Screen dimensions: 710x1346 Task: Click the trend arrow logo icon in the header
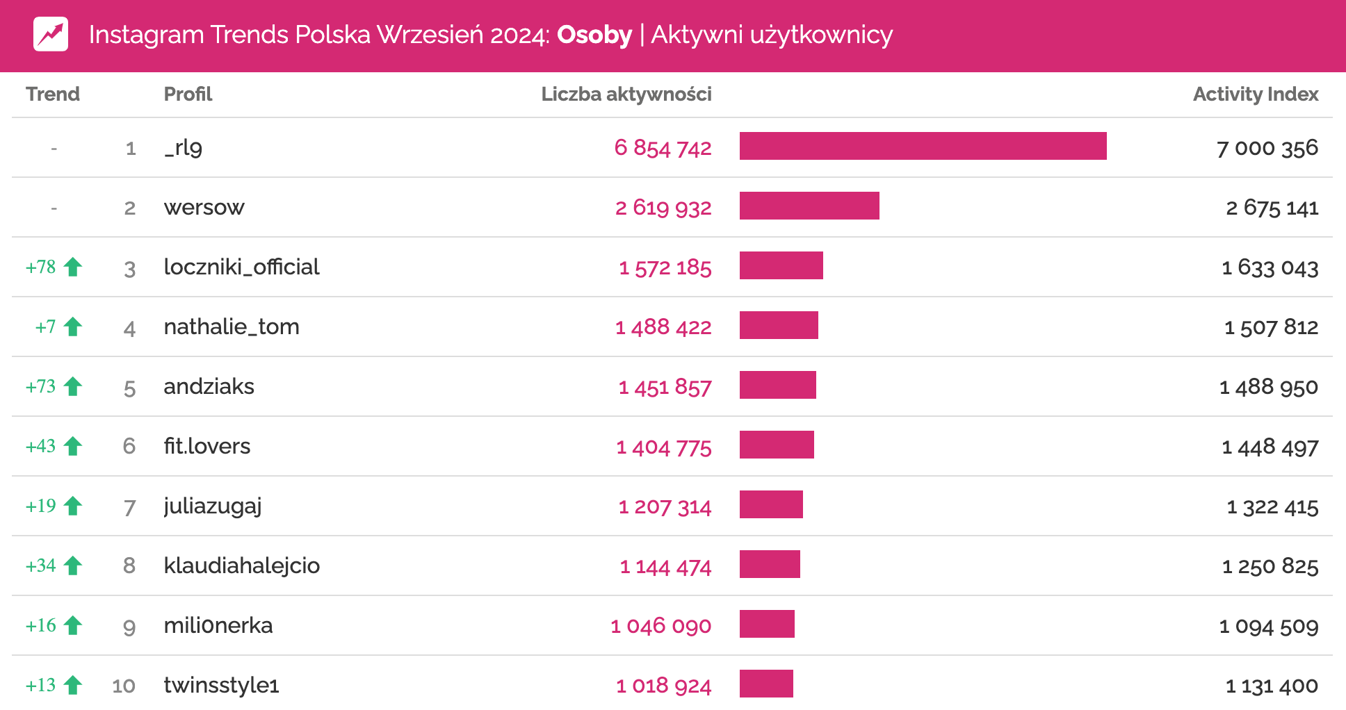click(51, 34)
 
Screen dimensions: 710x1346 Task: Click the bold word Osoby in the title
click(594, 35)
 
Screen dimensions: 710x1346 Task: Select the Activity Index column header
click(1256, 94)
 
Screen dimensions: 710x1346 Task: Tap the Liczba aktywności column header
click(626, 94)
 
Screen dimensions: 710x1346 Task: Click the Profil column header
click(188, 94)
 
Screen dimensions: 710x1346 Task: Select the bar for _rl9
click(923, 147)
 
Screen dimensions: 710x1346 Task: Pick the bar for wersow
click(809, 206)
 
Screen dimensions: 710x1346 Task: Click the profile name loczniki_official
click(241, 267)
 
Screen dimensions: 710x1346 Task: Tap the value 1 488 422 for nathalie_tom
click(663, 327)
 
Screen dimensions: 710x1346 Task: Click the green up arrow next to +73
click(73, 386)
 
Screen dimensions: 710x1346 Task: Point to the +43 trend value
click(41, 446)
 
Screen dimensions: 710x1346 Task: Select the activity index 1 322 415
click(1272, 507)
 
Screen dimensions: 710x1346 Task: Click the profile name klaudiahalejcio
click(241, 565)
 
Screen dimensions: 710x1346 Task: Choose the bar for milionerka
click(767, 625)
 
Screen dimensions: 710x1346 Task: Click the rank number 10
click(124, 686)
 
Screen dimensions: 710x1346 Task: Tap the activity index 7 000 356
click(1267, 148)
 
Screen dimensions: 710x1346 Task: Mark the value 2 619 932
click(663, 208)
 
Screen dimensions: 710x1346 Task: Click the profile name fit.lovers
click(206, 446)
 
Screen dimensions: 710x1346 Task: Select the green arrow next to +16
click(73, 625)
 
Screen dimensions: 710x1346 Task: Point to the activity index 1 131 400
click(1272, 686)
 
